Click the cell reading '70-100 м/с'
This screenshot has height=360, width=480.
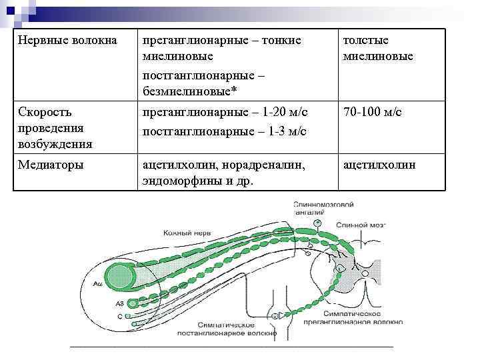[372, 113]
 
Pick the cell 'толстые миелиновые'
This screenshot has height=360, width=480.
[377, 49]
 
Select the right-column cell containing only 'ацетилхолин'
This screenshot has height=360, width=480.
[379, 165]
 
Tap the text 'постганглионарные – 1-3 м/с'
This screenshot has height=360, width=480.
[224, 131]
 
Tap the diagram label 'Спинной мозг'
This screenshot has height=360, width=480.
[361, 226]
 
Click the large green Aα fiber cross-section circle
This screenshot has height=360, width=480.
[121, 277]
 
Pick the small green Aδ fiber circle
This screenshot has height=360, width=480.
[133, 303]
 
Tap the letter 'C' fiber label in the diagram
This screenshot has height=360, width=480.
[119, 317]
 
